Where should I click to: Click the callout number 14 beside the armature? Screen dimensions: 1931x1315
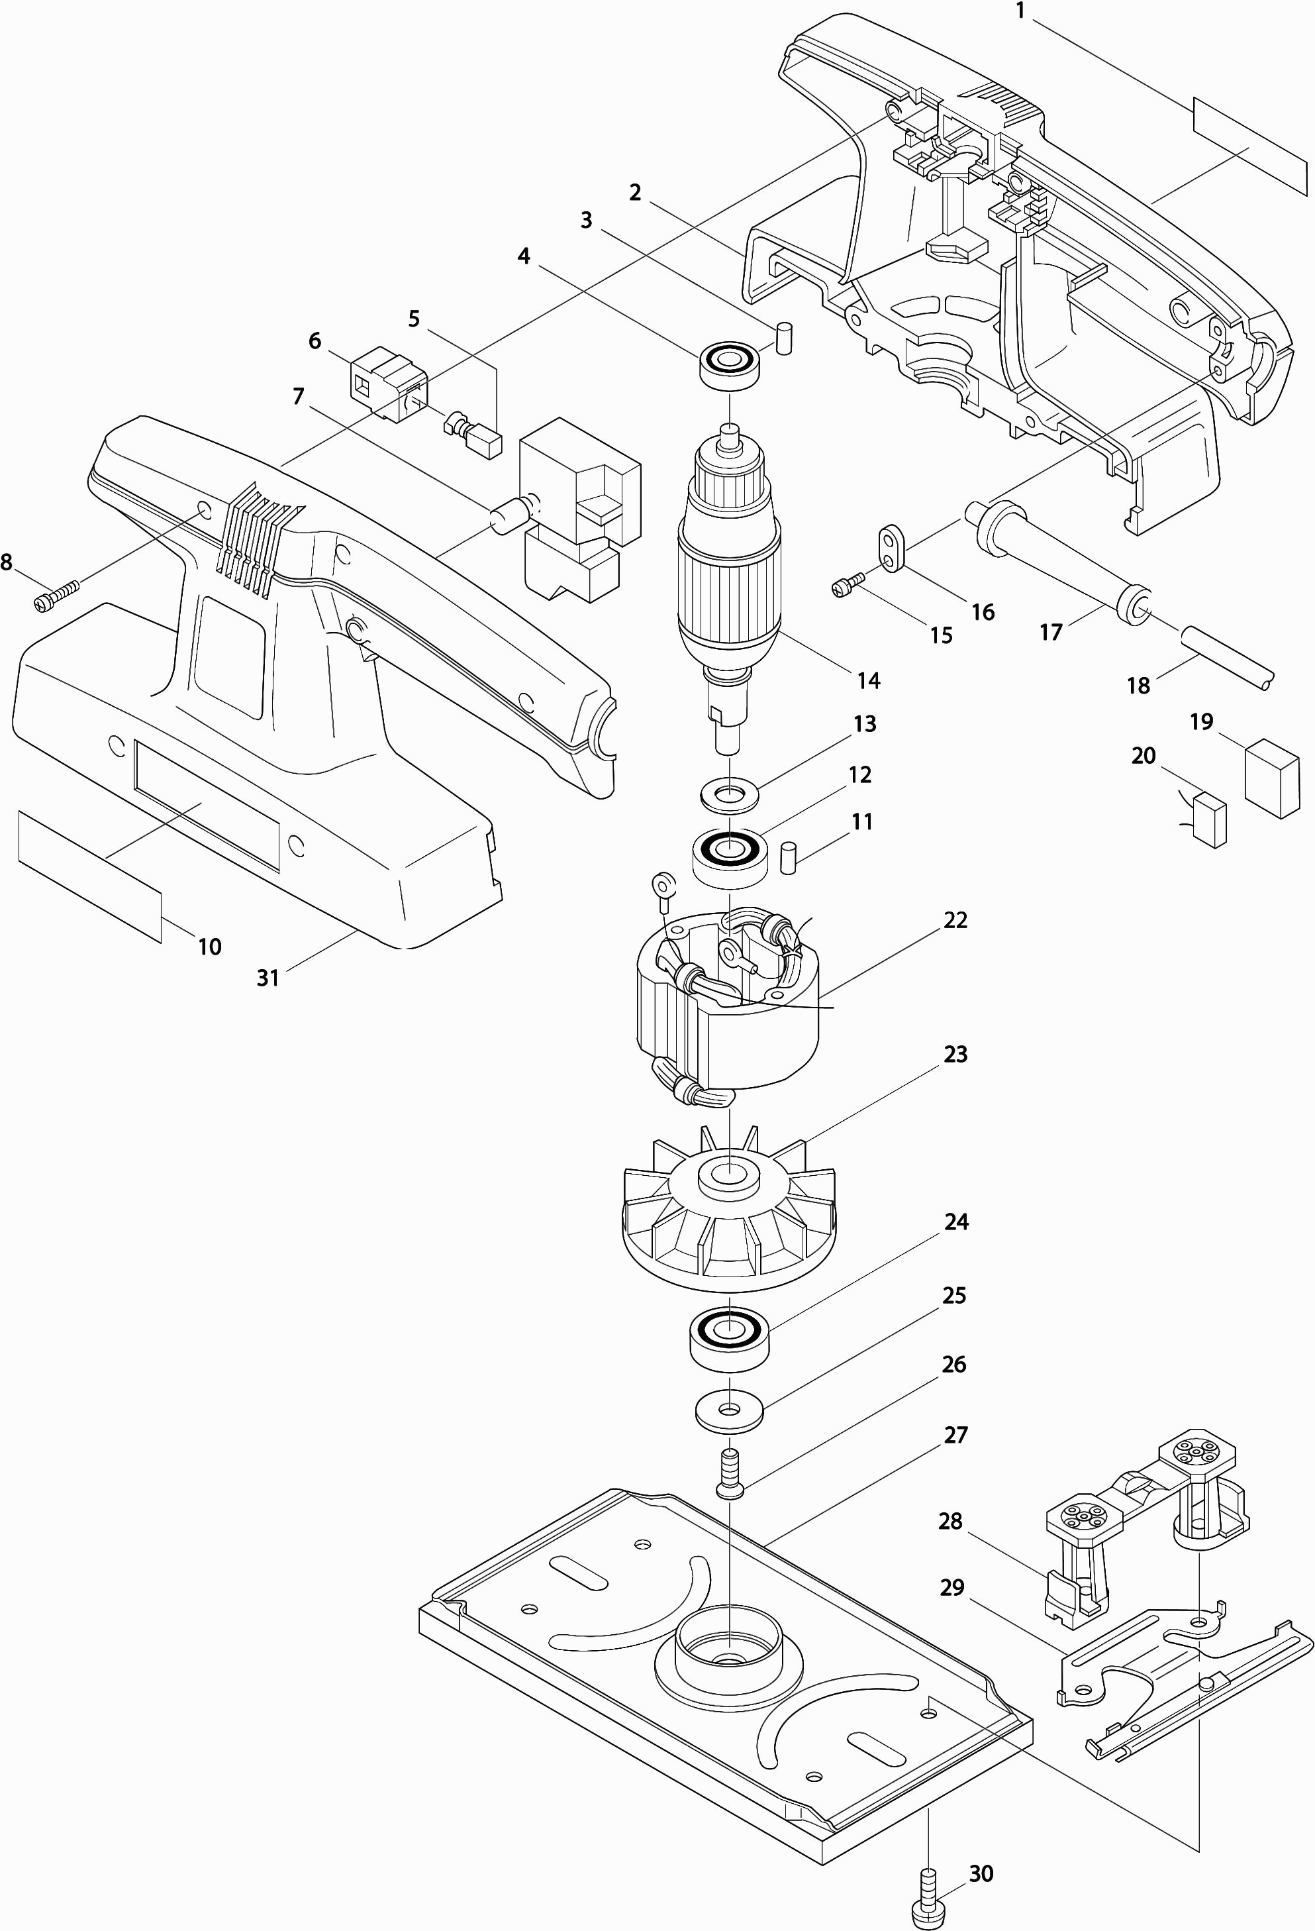click(x=868, y=680)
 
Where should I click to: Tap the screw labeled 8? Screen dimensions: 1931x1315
click(x=56, y=595)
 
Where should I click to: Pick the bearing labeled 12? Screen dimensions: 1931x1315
click(x=728, y=857)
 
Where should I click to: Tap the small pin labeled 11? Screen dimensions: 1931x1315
click(x=789, y=857)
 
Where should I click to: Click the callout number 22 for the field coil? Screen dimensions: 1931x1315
click(x=955, y=920)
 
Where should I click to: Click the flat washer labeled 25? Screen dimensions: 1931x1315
click(x=728, y=1411)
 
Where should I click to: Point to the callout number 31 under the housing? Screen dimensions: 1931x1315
click(x=268, y=978)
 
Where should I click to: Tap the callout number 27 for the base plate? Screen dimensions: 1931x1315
click(x=955, y=1435)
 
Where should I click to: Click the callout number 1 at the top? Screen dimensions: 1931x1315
click(x=1020, y=13)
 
